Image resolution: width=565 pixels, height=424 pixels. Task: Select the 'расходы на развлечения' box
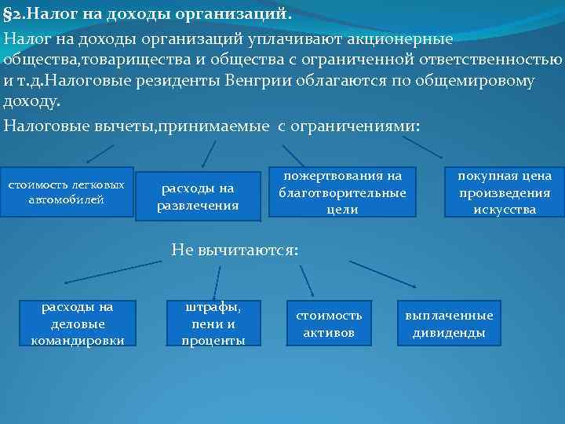(198, 197)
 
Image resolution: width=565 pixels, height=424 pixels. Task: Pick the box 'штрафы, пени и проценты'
(213, 323)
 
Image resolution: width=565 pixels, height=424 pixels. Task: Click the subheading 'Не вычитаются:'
(235, 250)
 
